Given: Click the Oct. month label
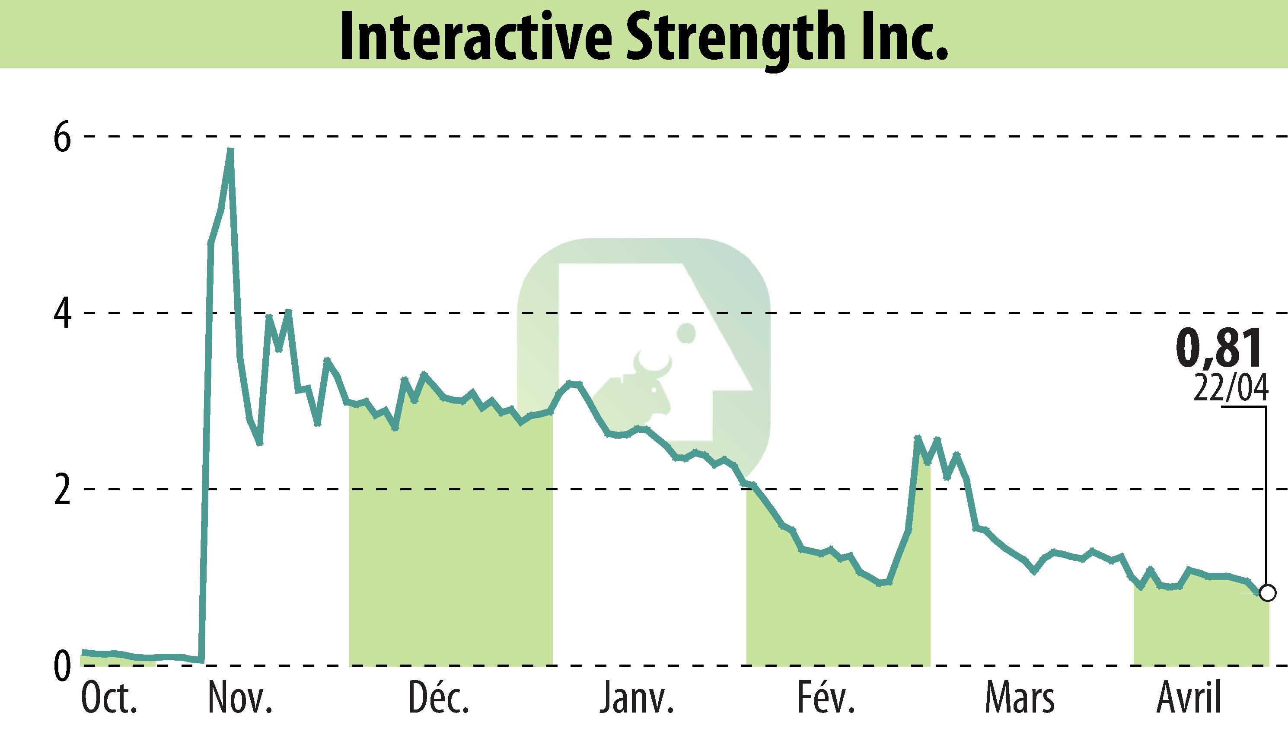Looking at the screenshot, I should tap(109, 699).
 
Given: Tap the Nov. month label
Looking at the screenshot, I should tap(240, 699).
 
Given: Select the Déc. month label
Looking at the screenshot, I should tap(439, 699).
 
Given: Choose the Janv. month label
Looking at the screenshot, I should tap(636, 699).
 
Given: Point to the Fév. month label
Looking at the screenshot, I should tap(826, 699).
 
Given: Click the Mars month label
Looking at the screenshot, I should tap(1019, 699).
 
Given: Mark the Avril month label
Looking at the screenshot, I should tap(1189, 699).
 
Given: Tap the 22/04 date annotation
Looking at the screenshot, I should tap(1231, 389).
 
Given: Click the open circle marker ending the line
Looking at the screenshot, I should tap(1268, 593).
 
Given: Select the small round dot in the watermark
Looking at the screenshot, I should tap(685, 333).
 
